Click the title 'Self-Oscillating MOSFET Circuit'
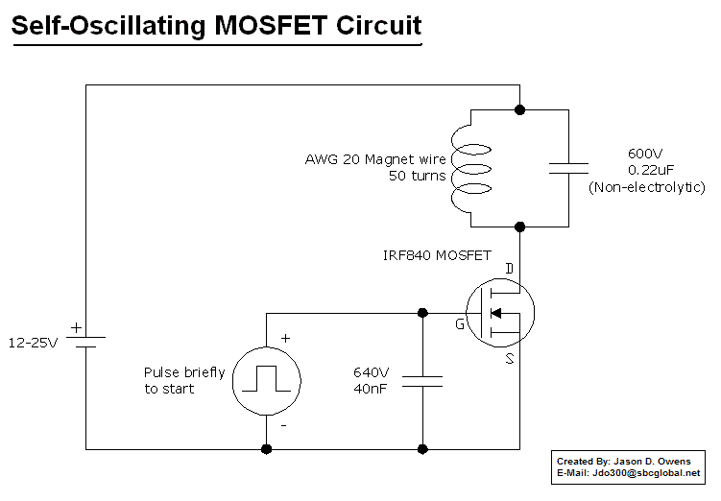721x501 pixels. [216, 26]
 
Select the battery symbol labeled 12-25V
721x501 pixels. [85, 342]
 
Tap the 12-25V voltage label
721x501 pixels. [33, 342]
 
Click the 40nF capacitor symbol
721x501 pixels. [422, 380]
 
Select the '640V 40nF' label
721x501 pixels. [371, 380]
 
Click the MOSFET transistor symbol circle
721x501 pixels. [499, 313]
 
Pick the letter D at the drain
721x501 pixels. [510, 266]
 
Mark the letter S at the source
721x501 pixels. [510, 359]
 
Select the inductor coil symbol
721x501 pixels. [463, 169]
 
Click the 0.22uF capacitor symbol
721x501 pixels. [568, 169]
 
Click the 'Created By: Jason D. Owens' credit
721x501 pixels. [623, 462]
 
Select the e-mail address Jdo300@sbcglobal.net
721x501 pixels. [645, 473]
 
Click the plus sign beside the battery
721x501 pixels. [77, 326]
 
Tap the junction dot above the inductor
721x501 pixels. [519, 110]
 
